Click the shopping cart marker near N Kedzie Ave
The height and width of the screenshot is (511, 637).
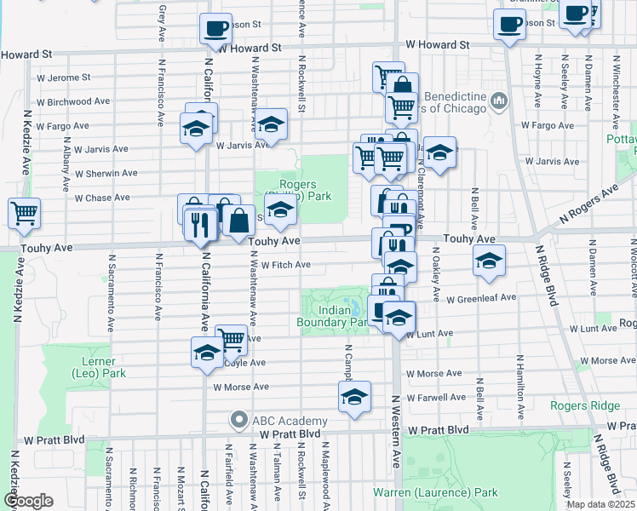[25, 213]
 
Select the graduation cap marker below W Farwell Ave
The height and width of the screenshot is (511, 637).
[355, 397]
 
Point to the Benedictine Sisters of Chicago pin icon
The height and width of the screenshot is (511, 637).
[498, 103]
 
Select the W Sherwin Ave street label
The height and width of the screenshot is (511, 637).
[106, 174]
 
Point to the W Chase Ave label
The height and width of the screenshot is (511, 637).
[102, 198]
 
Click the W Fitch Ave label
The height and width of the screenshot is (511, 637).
[285, 265]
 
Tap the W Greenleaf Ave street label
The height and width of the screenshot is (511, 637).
[485, 299]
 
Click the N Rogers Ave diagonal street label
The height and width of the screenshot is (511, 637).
[587, 207]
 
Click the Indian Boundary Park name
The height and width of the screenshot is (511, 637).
[331, 317]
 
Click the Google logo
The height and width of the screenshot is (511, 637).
[28, 501]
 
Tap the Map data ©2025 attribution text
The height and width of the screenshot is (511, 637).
[600, 505]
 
